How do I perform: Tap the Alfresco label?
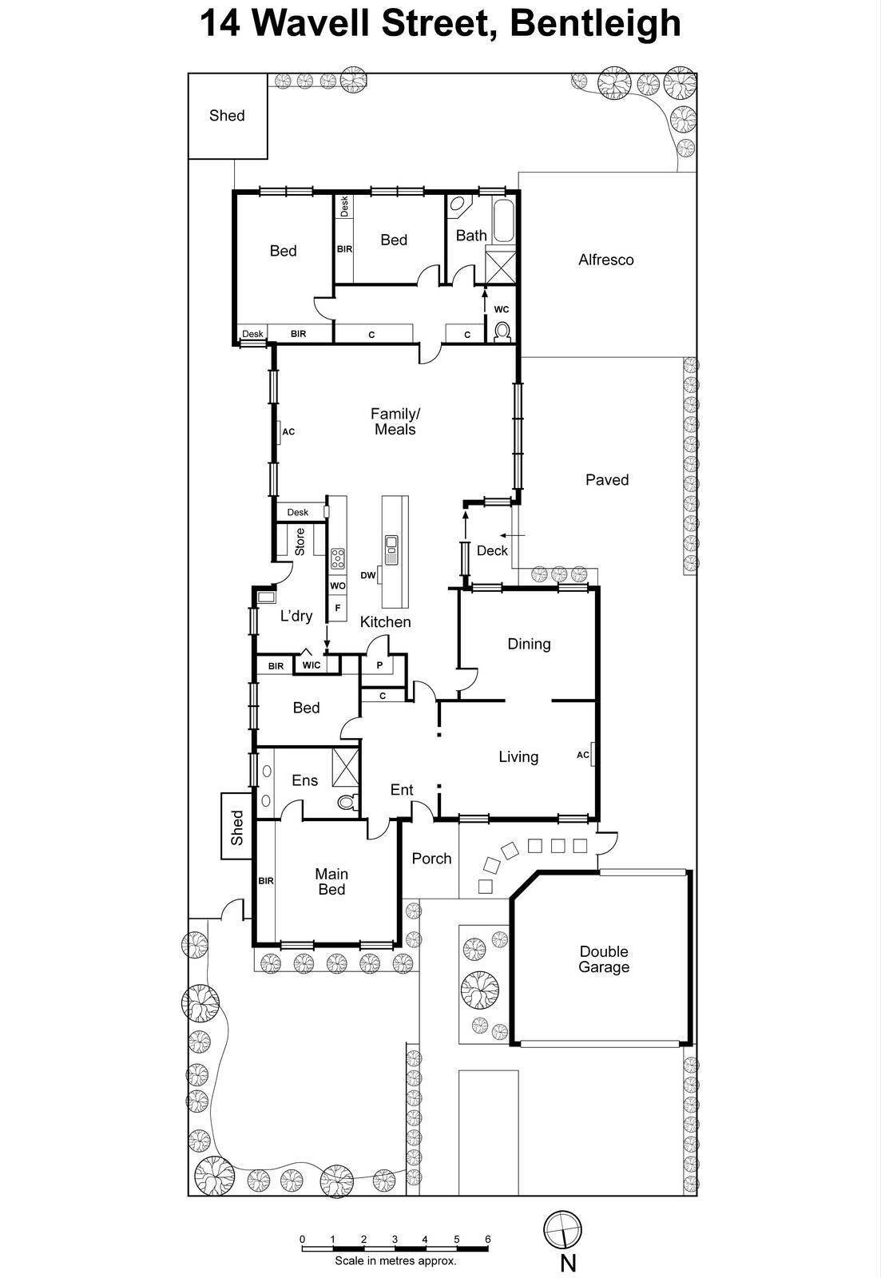point(606,260)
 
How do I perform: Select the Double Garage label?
point(604,959)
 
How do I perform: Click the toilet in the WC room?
point(502,331)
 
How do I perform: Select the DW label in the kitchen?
point(368,575)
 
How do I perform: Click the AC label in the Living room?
point(583,755)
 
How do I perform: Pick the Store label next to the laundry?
point(300,542)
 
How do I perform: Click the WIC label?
point(312,665)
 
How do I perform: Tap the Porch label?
point(431,859)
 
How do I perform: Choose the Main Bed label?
point(331,882)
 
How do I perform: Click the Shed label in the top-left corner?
point(227,116)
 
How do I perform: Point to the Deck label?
point(492,550)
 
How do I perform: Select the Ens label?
point(304,780)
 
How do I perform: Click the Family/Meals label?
point(395,422)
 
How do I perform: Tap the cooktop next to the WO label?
point(338,559)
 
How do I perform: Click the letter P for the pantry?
point(379,665)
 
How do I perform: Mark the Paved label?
point(607,480)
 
